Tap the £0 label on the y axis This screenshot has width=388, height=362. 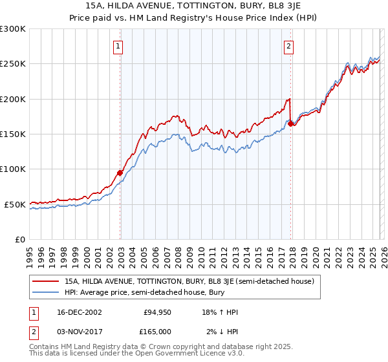pyautogui.click(x=19, y=239)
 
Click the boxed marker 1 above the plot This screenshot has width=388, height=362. pyautogui.click(x=120, y=46)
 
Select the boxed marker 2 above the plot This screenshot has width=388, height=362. pyautogui.click(x=288, y=46)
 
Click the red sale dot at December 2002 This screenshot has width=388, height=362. pyautogui.click(x=120, y=173)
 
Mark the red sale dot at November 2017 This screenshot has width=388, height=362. pyautogui.click(x=290, y=123)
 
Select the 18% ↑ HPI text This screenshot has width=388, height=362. pyautogui.click(x=220, y=312)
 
